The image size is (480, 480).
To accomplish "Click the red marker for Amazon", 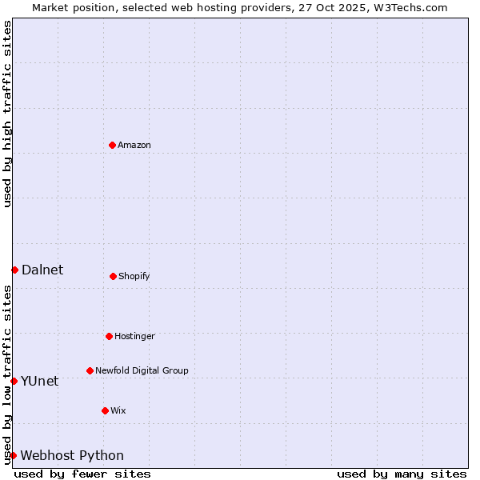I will click(112, 145).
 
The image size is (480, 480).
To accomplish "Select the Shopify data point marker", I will click(113, 276).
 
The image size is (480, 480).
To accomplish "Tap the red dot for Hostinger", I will click(109, 336).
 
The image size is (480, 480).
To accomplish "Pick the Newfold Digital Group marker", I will click(90, 370).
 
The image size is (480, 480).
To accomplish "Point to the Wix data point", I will click(105, 410).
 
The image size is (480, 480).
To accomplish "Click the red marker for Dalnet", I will click(14, 270).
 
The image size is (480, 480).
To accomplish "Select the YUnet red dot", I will click(14, 381).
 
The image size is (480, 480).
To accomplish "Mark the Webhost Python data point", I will click(13, 455).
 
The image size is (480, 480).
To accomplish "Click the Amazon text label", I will click(134, 145).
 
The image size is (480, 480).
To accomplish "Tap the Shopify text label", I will click(134, 276).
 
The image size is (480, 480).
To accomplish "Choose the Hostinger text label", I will click(134, 336).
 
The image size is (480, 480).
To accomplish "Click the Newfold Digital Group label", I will click(142, 370).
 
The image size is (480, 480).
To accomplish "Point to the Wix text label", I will click(118, 410).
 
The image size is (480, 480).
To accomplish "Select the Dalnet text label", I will click(42, 270).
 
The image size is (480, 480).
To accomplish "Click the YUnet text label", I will click(40, 381).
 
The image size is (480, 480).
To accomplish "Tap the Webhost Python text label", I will click(72, 455).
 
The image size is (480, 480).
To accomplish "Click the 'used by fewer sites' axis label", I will click(82, 474).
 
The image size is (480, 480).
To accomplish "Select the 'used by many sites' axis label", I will click(402, 474).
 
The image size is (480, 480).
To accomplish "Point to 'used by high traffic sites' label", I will click(7, 114).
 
